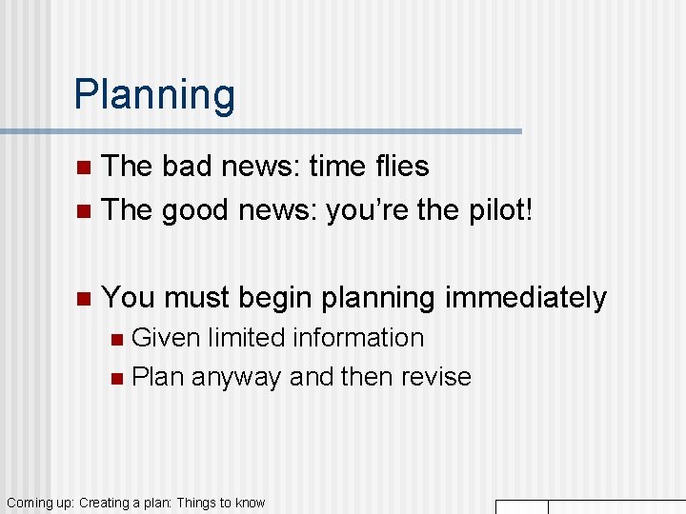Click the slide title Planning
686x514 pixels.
tap(154, 95)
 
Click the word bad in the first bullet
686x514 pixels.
tap(181, 167)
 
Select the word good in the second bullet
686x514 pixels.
tap(196, 210)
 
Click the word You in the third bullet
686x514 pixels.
tap(129, 298)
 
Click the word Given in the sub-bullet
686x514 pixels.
tap(166, 338)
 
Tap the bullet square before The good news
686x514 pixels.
tap(83, 211)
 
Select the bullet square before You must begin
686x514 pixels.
tap(83, 299)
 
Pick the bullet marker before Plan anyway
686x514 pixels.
tap(116, 378)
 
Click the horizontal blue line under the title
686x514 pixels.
tap(261, 131)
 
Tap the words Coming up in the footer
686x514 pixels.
tap(40, 503)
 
